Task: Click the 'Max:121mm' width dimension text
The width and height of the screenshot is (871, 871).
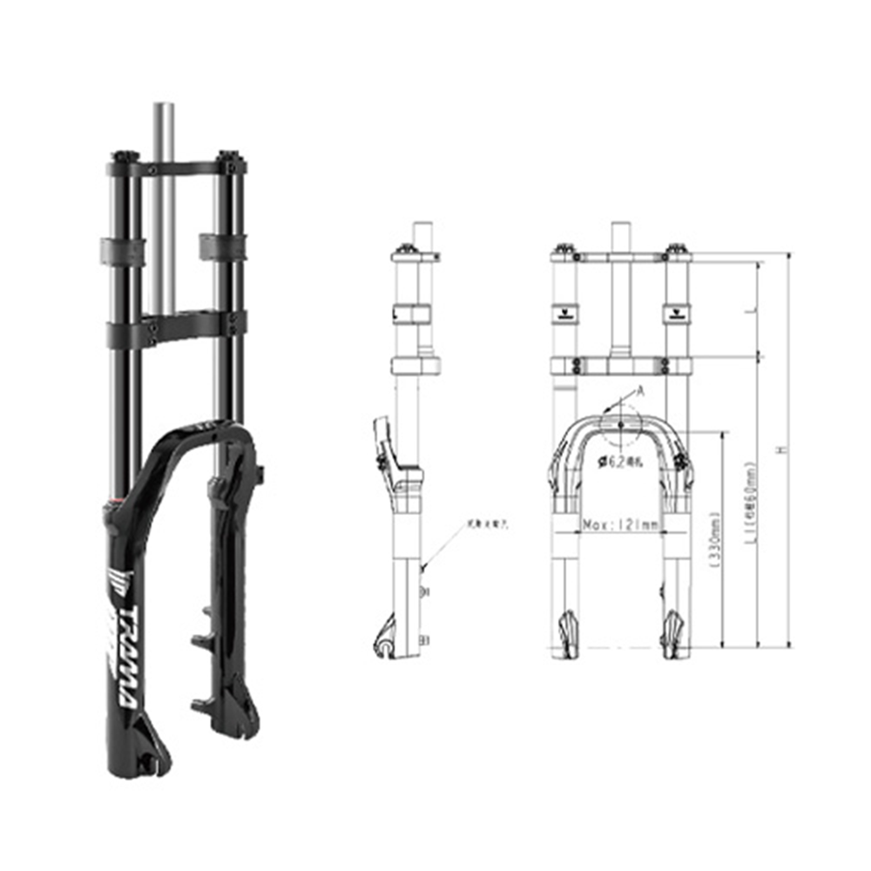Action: [x=619, y=525]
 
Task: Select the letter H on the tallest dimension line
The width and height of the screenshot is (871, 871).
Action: [x=780, y=449]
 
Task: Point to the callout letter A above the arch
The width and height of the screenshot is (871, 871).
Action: [x=641, y=393]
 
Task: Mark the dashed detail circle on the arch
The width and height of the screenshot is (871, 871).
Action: [x=619, y=425]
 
